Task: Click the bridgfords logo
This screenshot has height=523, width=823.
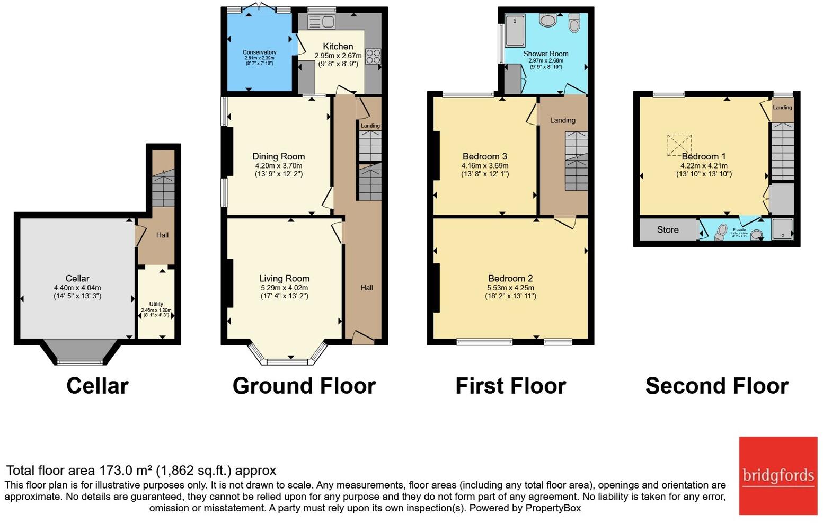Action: [x=778, y=475]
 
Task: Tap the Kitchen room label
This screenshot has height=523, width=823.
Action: [x=338, y=47]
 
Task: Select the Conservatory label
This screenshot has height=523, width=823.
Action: [x=259, y=52]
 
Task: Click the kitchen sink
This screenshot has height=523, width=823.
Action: [x=321, y=22]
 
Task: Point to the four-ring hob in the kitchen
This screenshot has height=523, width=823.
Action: [x=373, y=57]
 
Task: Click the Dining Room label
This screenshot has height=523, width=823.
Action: [x=278, y=156]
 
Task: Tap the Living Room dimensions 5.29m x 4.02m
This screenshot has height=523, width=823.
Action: [x=284, y=288]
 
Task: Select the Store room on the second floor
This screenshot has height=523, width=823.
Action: [x=668, y=230]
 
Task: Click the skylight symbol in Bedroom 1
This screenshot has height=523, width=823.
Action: [x=679, y=145]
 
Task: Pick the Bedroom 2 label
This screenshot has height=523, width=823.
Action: [x=510, y=279]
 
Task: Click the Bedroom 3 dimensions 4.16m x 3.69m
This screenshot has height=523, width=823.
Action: [x=484, y=166]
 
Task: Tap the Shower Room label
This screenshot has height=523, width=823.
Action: [x=545, y=54]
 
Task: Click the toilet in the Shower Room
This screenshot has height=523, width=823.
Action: [x=574, y=24]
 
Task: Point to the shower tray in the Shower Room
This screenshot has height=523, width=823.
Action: [x=515, y=31]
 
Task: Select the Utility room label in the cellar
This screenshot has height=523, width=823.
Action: [x=156, y=304]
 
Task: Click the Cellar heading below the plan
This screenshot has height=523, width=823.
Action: [x=98, y=386]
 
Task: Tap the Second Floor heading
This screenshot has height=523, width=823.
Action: [x=716, y=386]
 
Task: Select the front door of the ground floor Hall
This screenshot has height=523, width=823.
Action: [x=362, y=337]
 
